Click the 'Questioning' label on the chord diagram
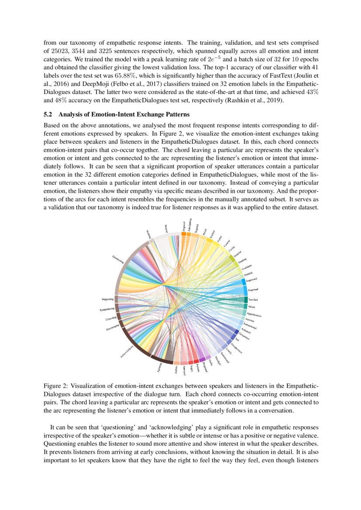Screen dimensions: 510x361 click(x=118, y=259)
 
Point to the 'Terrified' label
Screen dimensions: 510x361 click(x=253, y=300)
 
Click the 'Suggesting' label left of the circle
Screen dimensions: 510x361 click(x=107, y=299)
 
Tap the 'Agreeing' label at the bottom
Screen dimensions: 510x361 click(x=160, y=367)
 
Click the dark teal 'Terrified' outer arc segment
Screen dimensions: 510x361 click(x=245, y=299)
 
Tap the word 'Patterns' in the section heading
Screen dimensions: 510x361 click(x=178, y=115)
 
